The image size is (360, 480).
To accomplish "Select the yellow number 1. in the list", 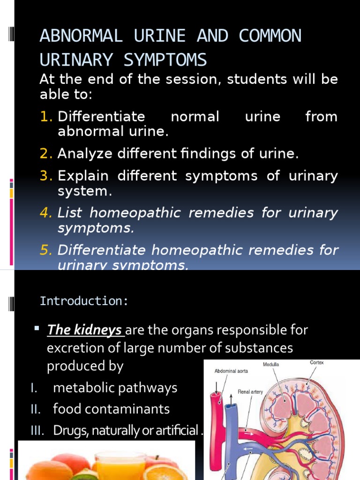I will tap(46, 117).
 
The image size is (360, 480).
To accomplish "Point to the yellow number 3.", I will tap(46, 176).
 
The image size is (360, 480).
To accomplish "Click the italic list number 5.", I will tap(46, 250).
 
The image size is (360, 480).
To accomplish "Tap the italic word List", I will tap(69, 213).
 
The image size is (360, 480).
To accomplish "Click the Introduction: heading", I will tap(84, 301).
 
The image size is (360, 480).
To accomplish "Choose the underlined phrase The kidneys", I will tap(85, 330).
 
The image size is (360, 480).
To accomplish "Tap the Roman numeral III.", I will tap(38, 430).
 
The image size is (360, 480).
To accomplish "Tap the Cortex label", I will tap(317, 362).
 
